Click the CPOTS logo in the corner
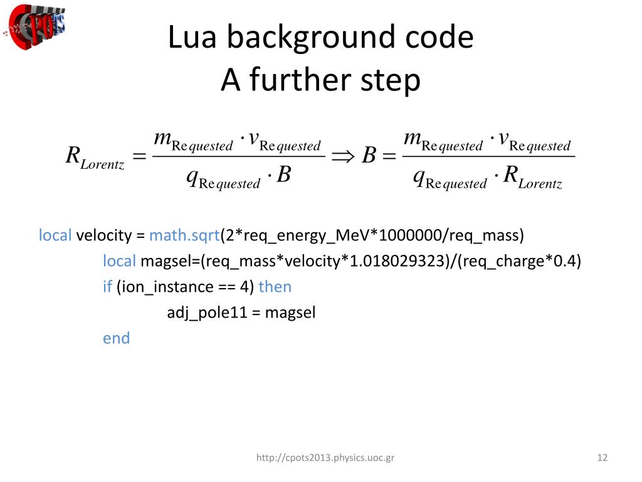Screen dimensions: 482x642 (x=35, y=26)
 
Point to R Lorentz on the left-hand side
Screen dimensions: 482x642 (x=95, y=158)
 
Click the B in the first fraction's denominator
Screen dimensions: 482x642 (x=283, y=176)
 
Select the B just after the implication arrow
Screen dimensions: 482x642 (x=369, y=156)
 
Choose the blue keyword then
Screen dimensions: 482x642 (x=275, y=287)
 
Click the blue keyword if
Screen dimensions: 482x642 (x=107, y=287)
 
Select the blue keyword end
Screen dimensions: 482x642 (x=116, y=338)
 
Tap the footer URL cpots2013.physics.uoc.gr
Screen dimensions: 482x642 (x=325, y=458)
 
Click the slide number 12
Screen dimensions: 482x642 (x=603, y=458)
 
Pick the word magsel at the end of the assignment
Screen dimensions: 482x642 (x=290, y=313)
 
